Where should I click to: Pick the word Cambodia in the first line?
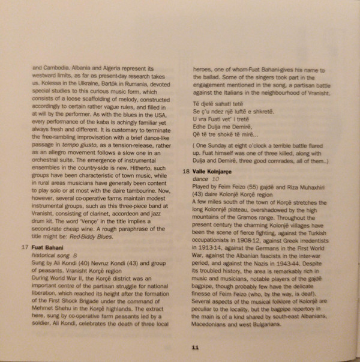click(55, 68)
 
